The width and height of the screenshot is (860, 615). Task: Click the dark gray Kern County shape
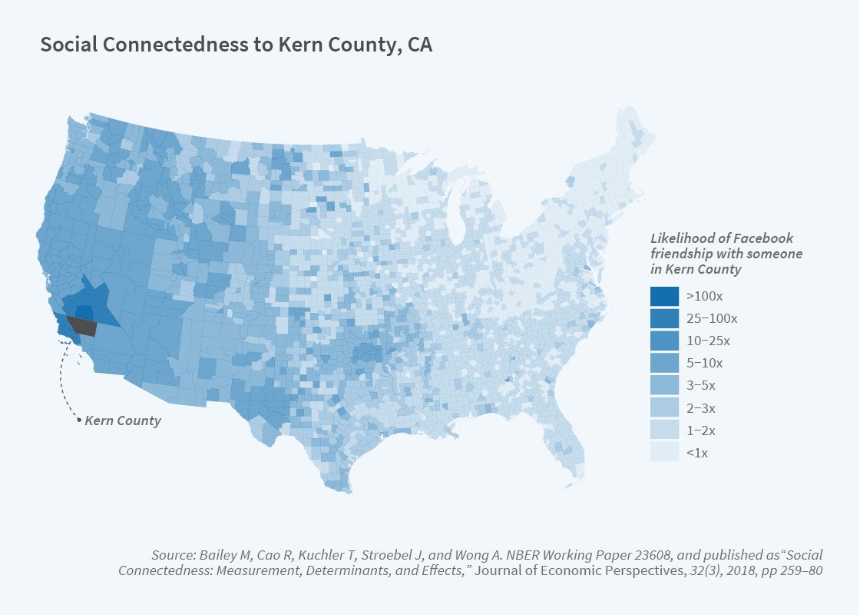tap(83, 327)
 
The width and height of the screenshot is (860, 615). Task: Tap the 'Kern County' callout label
tap(123, 421)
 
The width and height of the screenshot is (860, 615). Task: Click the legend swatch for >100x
tap(664, 295)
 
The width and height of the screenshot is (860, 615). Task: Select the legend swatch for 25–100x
tap(664, 317)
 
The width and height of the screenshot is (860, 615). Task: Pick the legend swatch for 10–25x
tap(664, 340)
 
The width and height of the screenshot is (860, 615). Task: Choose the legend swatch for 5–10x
tap(664, 362)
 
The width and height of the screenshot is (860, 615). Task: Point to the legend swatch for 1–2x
tap(664, 430)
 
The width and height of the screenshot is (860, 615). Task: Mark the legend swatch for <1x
tap(664, 452)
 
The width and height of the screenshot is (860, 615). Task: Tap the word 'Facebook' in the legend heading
tap(768, 238)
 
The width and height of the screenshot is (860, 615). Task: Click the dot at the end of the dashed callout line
tap(78, 421)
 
